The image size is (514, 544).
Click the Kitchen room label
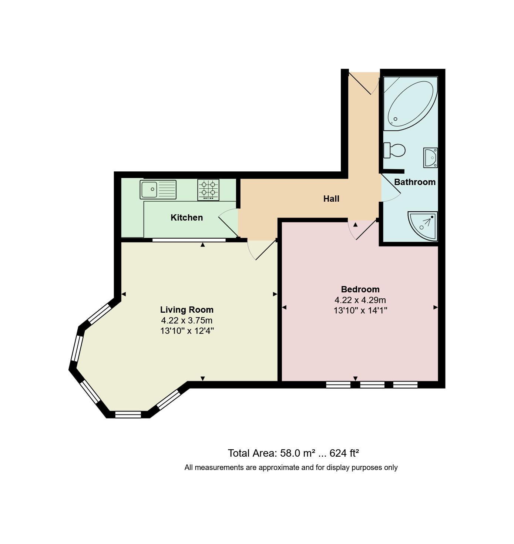tap(187, 218)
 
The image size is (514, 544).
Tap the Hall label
tap(331, 199)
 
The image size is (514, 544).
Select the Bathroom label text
tap(414, 182)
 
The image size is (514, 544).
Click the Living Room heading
tap(187, 310)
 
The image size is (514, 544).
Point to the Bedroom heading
tap(360, 289)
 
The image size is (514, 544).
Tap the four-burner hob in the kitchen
tap(208, 189)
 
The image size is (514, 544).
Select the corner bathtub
tap(410, 103)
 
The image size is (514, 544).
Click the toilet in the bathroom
tap(394, 151)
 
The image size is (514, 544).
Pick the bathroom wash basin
tap(430, 158)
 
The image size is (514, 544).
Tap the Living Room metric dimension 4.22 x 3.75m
tap(187, 320)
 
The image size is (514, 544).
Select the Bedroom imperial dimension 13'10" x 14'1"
tap(360, 310)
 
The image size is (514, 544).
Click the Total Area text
tap(293, 453)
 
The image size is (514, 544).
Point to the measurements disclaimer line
tap(291, 467)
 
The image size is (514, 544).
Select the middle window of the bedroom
tap(372, 385)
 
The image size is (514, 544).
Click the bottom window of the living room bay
tap(128, 414)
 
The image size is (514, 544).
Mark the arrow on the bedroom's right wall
tap(435, 307)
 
